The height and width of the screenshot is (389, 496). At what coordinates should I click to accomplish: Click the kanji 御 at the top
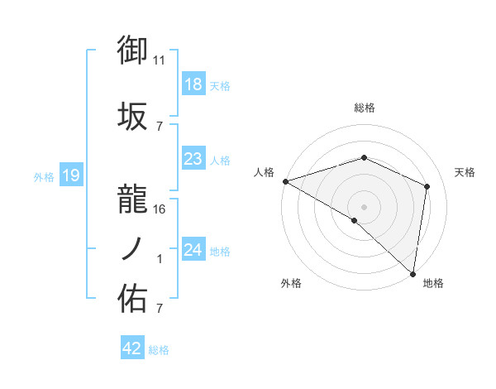(x=132, y=50)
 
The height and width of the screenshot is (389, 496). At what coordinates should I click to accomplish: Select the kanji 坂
(x=132, y=118)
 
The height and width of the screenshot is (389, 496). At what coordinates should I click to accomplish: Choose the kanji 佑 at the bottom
(x=132, y=299)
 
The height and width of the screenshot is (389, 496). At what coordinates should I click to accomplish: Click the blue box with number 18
(x=193, y=84)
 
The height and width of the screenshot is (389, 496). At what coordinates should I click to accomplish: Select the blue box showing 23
(x=193, y=159)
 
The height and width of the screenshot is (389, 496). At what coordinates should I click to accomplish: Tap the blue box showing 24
(x=193, y=250)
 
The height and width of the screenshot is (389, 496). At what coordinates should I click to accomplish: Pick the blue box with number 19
(x=70, y=175)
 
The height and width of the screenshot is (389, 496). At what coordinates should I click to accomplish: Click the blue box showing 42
(x=132, y=348)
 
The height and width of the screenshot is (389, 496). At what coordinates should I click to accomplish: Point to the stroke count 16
(x=160, y=209)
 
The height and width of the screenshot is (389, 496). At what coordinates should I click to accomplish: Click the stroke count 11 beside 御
(x=160, y=60)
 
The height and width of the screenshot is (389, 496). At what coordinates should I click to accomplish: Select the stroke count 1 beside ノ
(x=160, y=259)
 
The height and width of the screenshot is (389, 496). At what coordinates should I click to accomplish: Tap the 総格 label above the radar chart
(x=365, y=108)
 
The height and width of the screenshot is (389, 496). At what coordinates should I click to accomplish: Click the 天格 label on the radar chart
(x=465, y=172)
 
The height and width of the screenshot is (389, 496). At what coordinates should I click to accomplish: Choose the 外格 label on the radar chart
(x=291, y=283)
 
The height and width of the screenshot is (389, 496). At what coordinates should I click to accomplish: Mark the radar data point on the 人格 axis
(x=285, y=181)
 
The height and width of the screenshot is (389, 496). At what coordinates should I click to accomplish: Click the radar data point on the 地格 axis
(x=413, y=272)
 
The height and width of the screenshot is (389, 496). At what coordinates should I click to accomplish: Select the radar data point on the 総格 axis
(x=365, y=157)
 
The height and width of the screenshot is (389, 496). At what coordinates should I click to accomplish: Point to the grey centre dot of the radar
(x=365, y=206)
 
